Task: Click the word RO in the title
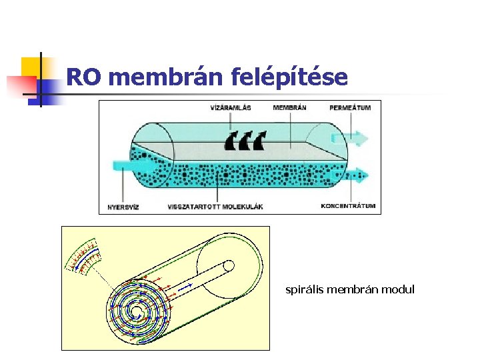(x=83, y=78)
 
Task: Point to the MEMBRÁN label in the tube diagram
(x=289, y=108)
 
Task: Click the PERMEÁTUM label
(x=350, y=108)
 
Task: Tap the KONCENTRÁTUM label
(x=348, y=206)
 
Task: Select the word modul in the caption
(x=401, y=290)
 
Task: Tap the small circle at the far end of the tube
(x=228, y=266)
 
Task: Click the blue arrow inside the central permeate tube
(x=185, y=287)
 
